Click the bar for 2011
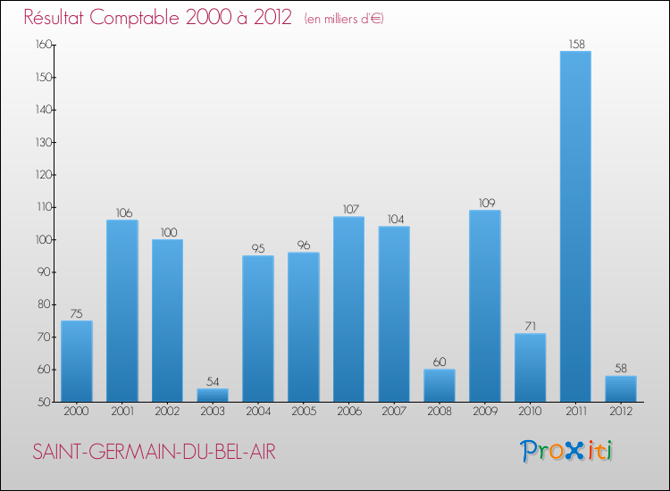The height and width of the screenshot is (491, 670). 574,227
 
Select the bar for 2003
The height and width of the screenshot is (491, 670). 213,395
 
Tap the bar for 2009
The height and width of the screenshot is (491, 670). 484,306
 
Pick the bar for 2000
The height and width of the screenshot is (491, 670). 76,362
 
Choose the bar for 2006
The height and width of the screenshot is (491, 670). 348,309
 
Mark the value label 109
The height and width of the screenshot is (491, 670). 484,202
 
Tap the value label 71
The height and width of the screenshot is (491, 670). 530,325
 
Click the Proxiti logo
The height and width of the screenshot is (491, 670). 567,451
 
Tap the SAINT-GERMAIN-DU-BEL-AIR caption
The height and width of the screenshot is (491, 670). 155,453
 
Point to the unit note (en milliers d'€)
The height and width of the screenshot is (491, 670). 344,19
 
